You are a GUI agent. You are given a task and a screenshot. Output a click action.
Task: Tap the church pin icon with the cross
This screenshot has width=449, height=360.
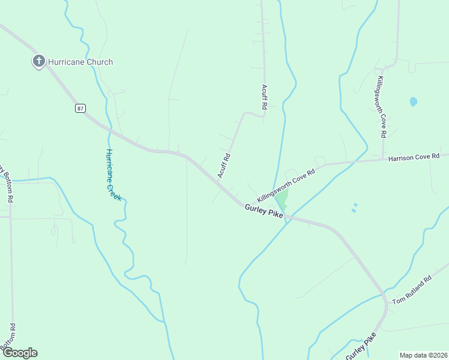(39, 61)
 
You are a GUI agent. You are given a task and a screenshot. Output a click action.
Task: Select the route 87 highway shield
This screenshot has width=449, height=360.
(80, 108)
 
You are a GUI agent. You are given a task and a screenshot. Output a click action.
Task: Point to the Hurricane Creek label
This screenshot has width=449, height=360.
(113, 175)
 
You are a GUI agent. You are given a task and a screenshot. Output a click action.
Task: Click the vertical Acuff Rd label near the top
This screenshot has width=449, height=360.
(264, 97)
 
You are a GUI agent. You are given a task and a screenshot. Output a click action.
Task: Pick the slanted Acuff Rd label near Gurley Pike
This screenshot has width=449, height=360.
(224, 165)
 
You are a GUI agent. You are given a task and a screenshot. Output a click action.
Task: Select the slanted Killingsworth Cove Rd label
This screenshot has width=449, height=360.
(286, 186)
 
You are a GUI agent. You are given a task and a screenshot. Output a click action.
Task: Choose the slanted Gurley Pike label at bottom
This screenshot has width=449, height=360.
(361, 344)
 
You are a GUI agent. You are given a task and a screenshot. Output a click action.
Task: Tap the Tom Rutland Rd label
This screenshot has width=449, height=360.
(412, 290)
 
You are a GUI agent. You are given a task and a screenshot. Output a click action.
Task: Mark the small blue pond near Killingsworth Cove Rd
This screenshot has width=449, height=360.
(413, 101)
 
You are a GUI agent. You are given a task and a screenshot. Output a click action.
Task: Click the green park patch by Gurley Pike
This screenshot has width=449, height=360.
(281, 198)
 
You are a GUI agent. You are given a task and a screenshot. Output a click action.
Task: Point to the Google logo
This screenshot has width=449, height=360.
(19, 353)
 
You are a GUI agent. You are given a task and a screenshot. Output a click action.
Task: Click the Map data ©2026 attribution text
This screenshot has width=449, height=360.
(423, 355)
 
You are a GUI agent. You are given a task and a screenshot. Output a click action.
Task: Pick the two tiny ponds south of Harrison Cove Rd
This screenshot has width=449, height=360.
(354, 208)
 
